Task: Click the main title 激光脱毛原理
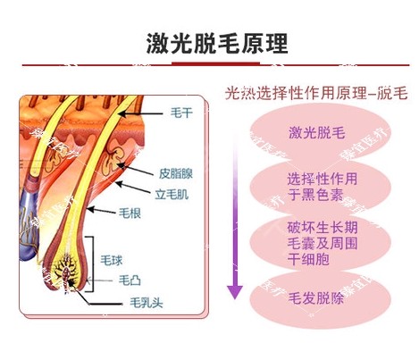(x=217, y=44)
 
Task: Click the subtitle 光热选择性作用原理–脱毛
(x=316, y=93)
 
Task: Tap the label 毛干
(x=181, y=113)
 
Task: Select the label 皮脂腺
(x=176, y=173)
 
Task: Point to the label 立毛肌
(x=172, y=194)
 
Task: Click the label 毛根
(x=130, y=213)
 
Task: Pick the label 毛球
(x=111, y=260)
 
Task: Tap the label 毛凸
(x=130, y=280)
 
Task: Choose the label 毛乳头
(x=147, y=303)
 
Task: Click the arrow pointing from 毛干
(x=140, y=113)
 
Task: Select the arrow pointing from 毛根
(x=101, y=211)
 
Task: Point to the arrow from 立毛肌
(x=133, y=188)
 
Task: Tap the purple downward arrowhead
(x=235, y=291)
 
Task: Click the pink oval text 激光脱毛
(x=316, y=132)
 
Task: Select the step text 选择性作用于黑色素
(x=322, y=187)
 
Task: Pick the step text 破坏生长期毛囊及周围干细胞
(x=322, y=243)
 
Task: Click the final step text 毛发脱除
(x=316, y=298)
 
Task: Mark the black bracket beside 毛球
(x=92, y=264)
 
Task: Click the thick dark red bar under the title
(x=215, y=63)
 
